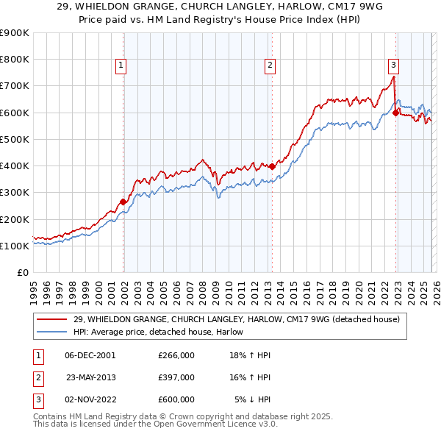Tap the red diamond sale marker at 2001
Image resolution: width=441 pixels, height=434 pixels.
123,201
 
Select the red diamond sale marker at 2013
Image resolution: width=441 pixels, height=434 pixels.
272,166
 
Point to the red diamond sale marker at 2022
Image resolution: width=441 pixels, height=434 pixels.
395,113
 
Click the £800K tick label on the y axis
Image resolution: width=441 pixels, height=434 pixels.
15,60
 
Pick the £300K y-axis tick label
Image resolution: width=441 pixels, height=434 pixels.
15,193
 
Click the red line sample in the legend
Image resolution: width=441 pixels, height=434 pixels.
54,320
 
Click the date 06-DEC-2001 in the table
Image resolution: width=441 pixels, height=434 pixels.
90,355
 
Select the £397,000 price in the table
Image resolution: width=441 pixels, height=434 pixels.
176,377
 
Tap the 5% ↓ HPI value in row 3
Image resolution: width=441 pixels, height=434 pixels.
253,399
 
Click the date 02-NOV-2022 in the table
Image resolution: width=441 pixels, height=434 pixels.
90,399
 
